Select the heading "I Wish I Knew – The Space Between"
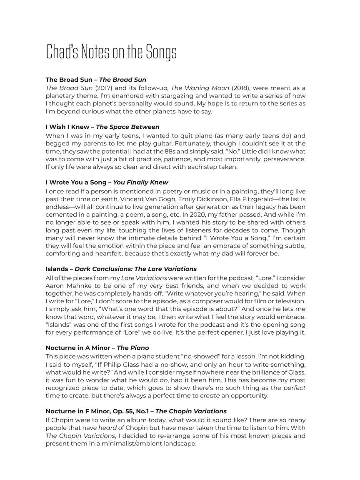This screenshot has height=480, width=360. point(102,127)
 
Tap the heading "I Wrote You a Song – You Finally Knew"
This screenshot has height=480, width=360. point(107,182)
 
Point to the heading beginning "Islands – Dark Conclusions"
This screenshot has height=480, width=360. point(121,269)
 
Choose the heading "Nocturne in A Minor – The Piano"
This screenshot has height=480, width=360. point(97,347)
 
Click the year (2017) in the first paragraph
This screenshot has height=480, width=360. point(103,88)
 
